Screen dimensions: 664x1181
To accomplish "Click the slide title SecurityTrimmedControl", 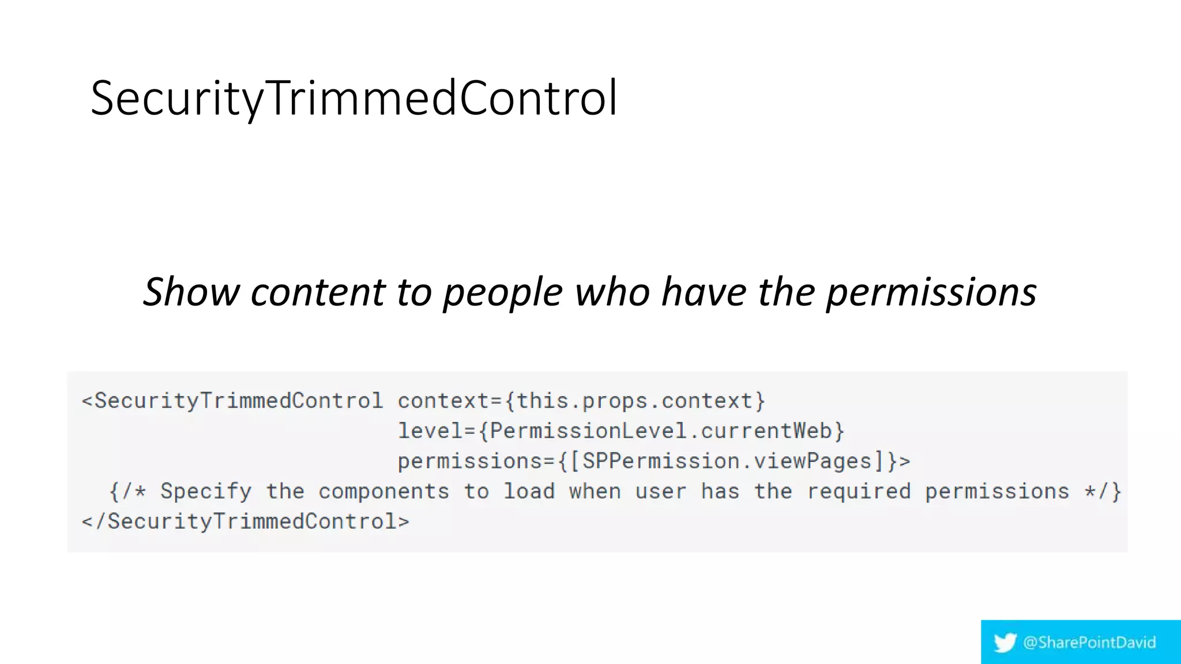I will [x=354, y=98].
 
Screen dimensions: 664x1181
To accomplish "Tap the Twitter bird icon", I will [x=1005, y=642].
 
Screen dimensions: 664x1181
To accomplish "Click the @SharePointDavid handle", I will [x=1089, y=642].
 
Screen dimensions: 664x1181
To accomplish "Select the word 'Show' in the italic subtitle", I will [x=191, y=292].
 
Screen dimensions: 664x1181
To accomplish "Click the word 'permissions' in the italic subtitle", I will [x=931, y=293].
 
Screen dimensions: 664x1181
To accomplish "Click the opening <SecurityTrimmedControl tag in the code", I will [x=232, y=401].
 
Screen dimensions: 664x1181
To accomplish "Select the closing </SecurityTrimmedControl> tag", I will [x=246, y=521].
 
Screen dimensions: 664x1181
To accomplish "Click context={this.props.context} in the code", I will [x=581, y=401].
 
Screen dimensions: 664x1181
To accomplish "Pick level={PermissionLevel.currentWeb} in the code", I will [x=621, y=431].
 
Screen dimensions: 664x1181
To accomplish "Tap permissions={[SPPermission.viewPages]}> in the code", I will [x=654, y=461].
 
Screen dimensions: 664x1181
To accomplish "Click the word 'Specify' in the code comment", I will [x=206, y=491].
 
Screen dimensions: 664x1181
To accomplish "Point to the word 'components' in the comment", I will [x=383, y=491].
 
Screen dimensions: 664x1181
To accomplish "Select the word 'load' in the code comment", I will [x=529, y=491].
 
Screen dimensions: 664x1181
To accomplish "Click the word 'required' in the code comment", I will [x=859, y=491].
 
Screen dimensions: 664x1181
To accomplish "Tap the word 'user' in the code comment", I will [x=660, y=491].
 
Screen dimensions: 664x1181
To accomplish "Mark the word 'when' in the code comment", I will [x=595, y=491].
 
